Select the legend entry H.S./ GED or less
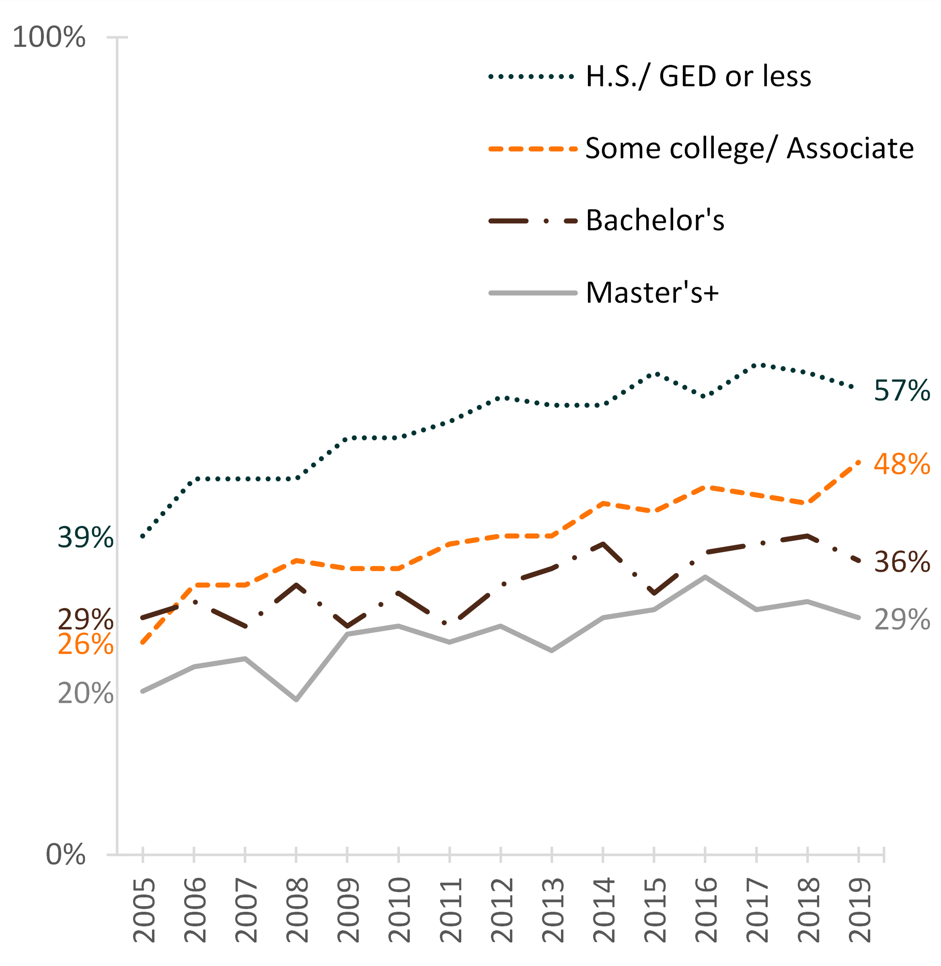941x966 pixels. pyautogui.click(x=698, y=76)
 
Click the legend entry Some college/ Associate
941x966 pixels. pyautogui.click(x=749, y=148)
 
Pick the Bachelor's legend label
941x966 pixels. pyautogui.click(x=655, y=220)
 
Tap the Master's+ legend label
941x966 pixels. pyautogui.click(x=652, y=292)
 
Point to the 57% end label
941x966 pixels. pyautogui.click(x=902, y=391)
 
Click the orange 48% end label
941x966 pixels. pyautogui.click(x=902, y=464)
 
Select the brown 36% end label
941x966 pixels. pyautogui.click(x=902, y=562)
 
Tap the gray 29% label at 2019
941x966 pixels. pyautogui.click(x=902, y=620)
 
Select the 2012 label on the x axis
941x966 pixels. pyautogui.click(x=501, y=910)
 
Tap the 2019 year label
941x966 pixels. pyautogui.click(x=859, y=910)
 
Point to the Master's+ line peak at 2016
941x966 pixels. pyautogui.click(x=705, y=577)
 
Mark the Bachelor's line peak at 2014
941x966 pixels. pyautogui.click(x=604, y=544)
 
